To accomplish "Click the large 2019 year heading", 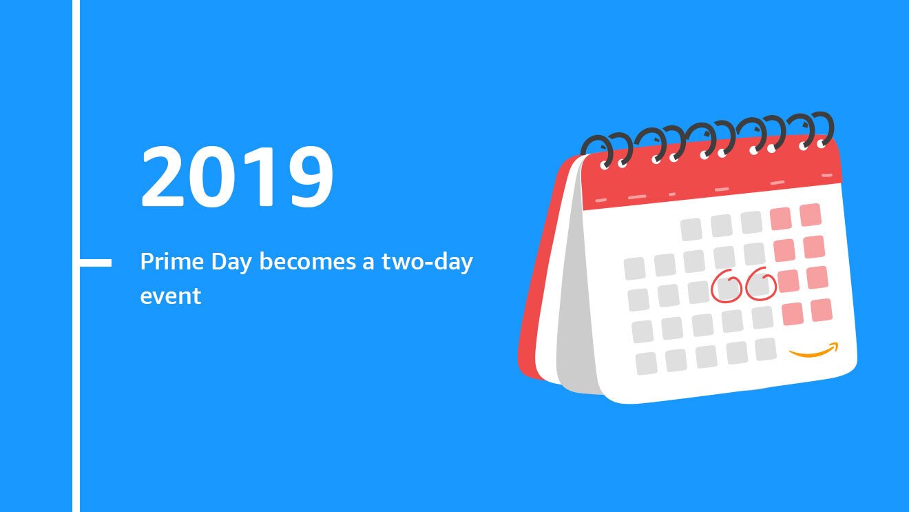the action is pyautogui.click(x=237, y=176).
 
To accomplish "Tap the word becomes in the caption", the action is pyautogui.click(x=308, y=261).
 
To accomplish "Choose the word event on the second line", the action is pyautogui.click(x=171, y=296).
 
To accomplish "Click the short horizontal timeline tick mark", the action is pyautogui.click(x=95, y=263).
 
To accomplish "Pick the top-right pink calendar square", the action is pyautogui.click(x=811, y=215).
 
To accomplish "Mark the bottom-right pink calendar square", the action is pyautogui.click(x=822, y=310).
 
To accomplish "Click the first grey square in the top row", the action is pyautogui.click(x=691, y=229).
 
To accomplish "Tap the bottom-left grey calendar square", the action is pyautogui.click(x=646, y=363).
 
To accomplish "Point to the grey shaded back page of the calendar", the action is pyautogui.click(x=576, y=284).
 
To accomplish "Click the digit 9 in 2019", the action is pyautogui.click(x=312, y=176).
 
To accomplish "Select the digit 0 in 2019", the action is pyautogui.click(x=213, y=176).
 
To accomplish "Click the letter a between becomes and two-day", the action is pyautogui.click(x=368, y=263).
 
